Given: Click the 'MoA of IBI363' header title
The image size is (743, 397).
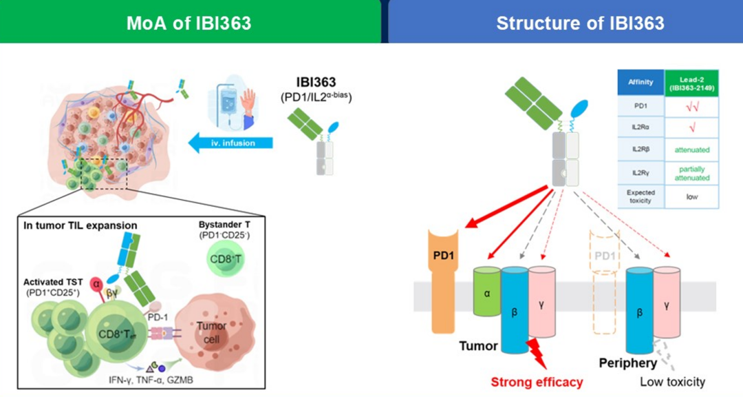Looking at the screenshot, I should click(189, 23).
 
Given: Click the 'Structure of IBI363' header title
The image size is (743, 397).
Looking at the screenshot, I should click(580, 23).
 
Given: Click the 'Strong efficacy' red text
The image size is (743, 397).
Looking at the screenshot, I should click(537, 382).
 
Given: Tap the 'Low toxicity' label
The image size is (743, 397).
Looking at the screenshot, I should click(672, 382).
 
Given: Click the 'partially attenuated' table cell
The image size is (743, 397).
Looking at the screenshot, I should click(691, 173).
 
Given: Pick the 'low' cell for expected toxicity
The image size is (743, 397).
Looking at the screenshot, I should click(691, 196).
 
